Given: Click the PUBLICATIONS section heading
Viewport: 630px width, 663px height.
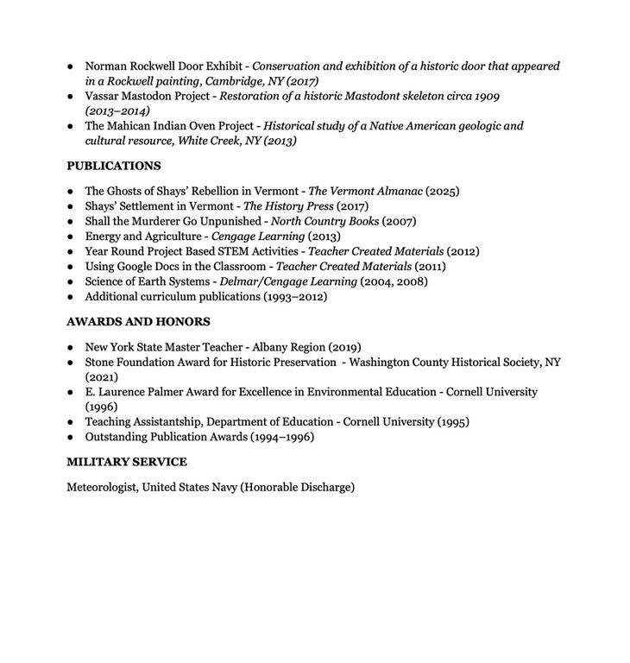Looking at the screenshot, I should tap(114, 166).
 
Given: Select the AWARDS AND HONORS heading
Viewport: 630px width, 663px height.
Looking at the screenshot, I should tap(138, 322).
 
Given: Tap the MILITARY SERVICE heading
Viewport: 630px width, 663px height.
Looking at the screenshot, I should tap(127, 462).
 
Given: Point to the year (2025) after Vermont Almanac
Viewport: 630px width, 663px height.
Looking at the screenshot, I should tap(443, 191).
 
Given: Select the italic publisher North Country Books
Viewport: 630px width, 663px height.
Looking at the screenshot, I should tap(324, 221).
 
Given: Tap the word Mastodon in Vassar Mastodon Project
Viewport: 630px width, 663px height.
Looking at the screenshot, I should tap(148, 96).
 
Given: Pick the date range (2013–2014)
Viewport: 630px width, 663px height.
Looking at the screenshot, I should tap(117, 110).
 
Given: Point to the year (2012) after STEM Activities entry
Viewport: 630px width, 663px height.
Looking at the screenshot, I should tap(463, 251).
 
